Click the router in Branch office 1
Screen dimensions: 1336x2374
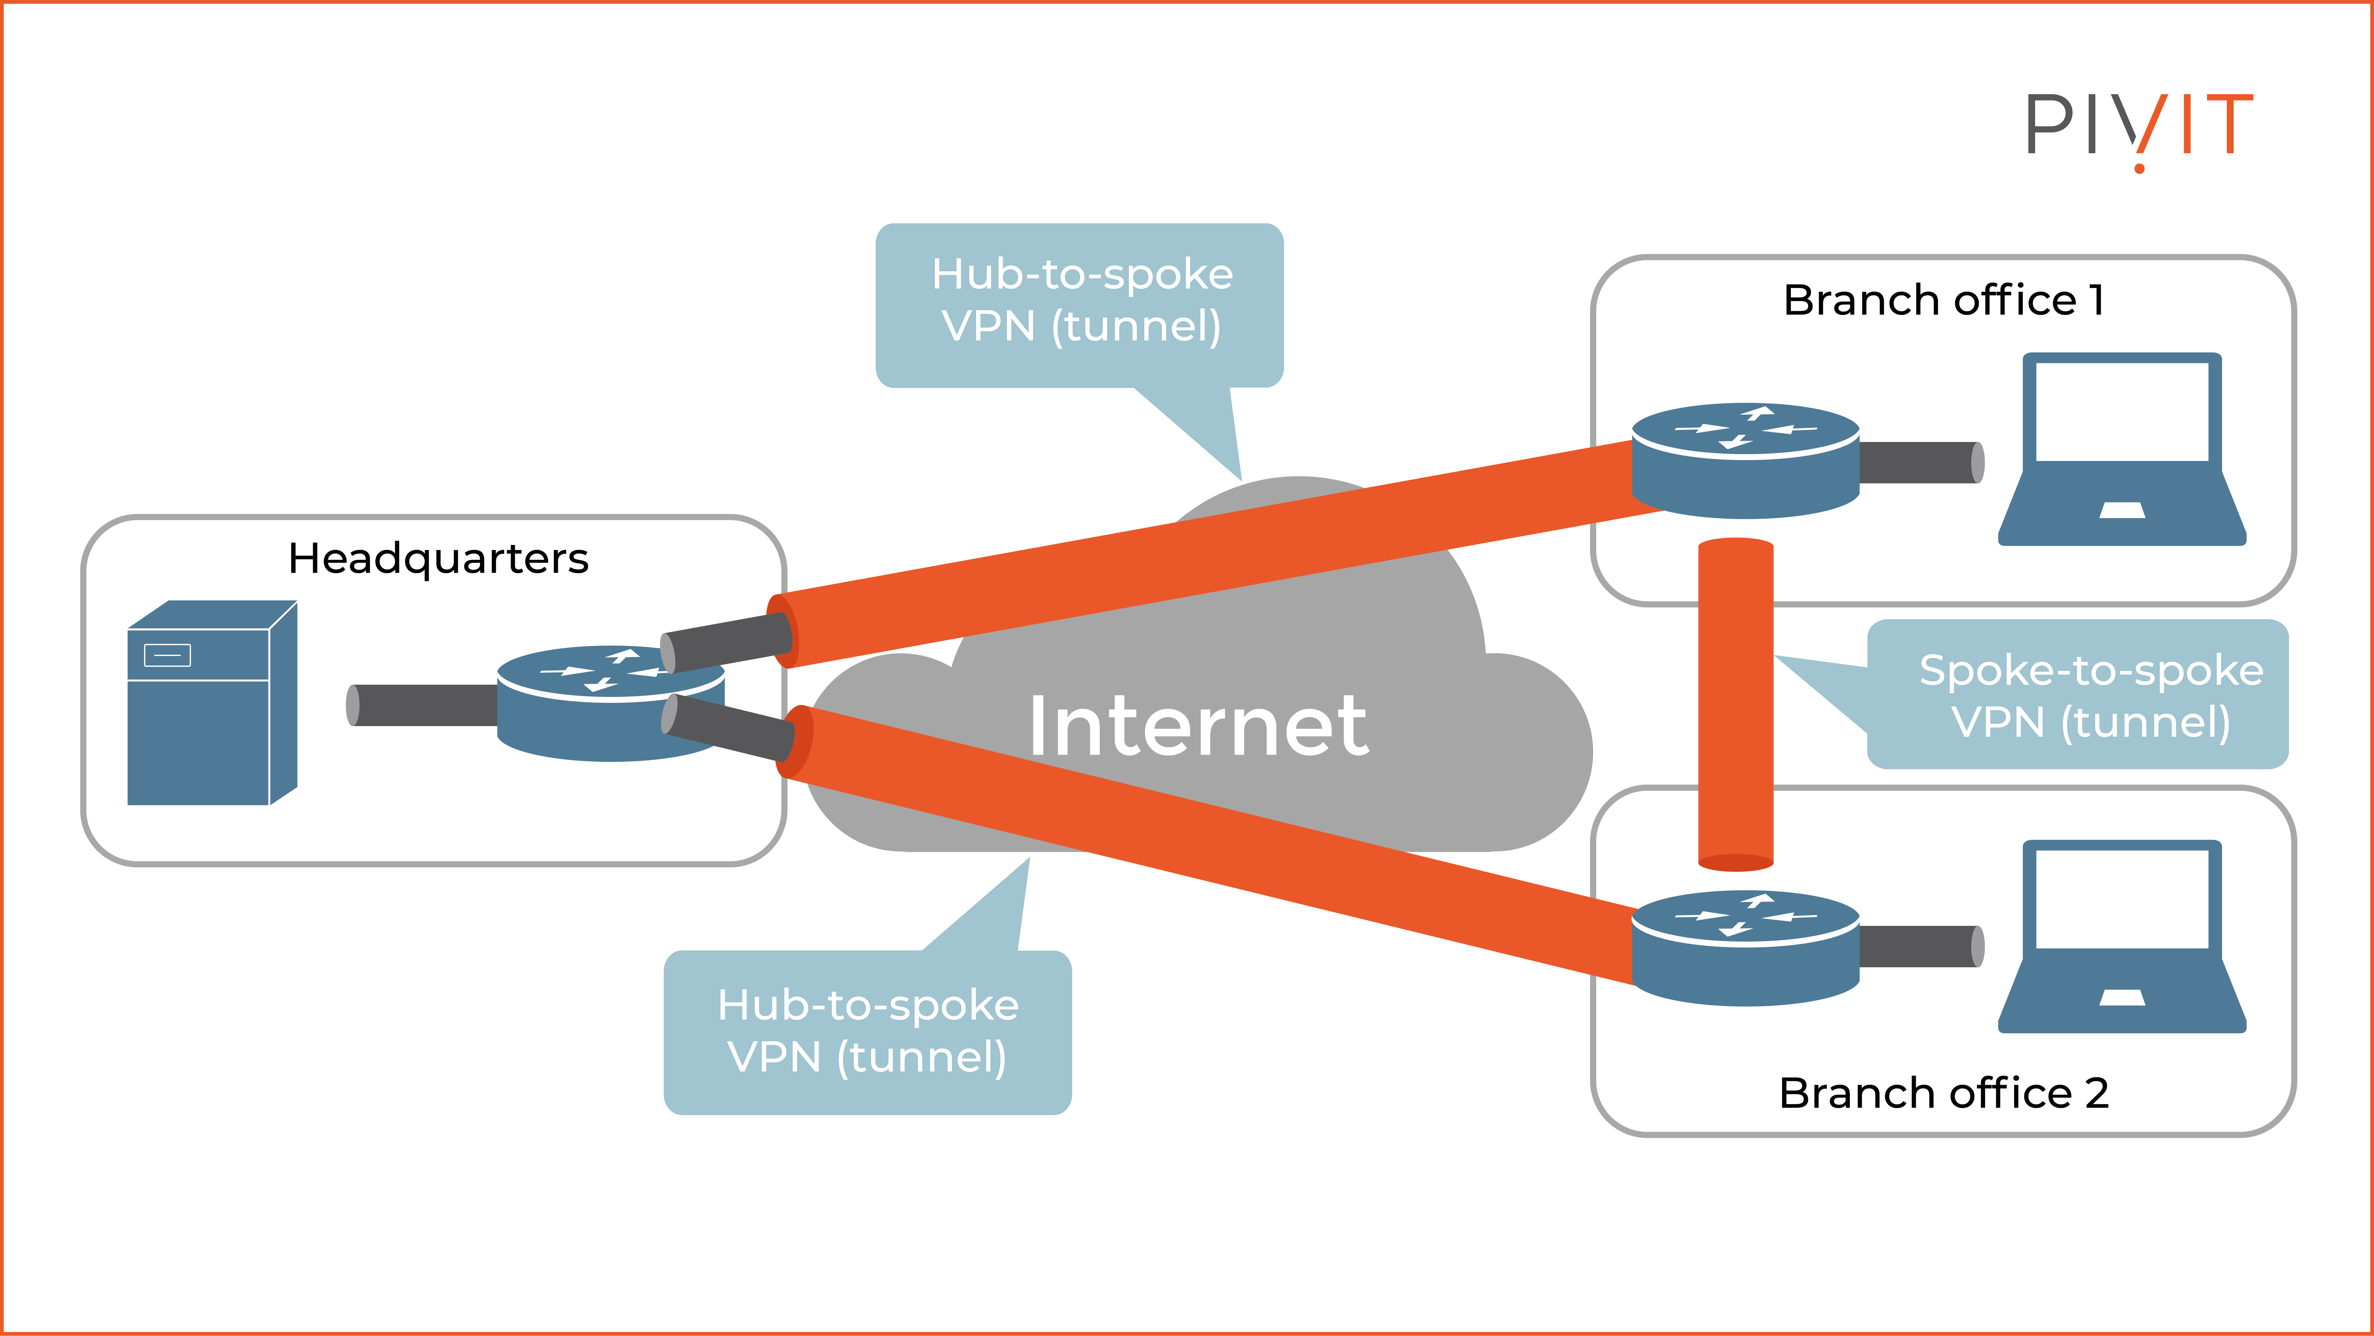point(1745,461)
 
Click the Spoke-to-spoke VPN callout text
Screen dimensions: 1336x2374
point(2090,696)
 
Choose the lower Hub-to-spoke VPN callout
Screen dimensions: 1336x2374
point(867,1031)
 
